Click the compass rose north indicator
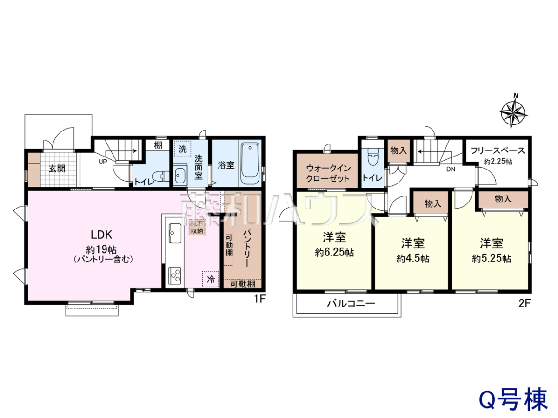512,111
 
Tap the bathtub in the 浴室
250,163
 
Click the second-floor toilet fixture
373,157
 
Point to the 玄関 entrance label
57,169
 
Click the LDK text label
101,235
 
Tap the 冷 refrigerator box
211,279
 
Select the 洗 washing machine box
183,149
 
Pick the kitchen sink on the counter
175,233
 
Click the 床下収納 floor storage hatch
197,227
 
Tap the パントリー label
246,248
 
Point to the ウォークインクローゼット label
328,173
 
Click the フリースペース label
498,150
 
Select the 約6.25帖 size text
334,253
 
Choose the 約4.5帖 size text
413,259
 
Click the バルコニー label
351,303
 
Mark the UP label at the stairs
103,162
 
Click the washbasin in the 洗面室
180,176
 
